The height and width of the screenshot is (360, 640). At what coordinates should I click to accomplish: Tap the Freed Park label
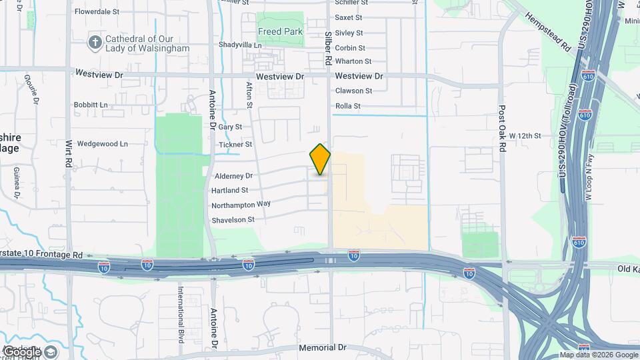pyautogui.click(x=280, y=31)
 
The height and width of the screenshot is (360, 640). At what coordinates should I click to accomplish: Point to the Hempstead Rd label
pyautogui.click(x=549, y=31)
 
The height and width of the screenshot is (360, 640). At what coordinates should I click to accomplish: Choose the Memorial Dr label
pyautogui.click(x=323, y=347)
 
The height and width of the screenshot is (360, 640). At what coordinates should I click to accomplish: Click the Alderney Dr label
pyautogui.click(x=234, y=176)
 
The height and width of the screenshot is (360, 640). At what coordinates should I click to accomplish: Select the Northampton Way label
pyautogui.click(x=241, y=205)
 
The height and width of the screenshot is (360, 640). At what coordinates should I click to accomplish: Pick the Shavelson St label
pyautogui.click(x=233, y=219)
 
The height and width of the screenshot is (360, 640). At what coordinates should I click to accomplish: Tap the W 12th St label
pyautogui.click(x=525, y=135)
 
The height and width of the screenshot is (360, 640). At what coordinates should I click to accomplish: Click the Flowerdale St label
pyautogui.click(x=97, y=11)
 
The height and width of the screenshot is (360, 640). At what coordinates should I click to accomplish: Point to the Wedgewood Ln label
pyautogui.click(x=102, y=143)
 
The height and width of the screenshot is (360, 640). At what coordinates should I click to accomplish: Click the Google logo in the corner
pyautogui.click(x=31, y=351)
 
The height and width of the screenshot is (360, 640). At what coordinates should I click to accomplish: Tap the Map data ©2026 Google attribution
pyautogui.click(x=598, y=355)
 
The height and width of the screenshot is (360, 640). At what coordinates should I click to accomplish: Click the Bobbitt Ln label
pyautogui.click(x=91, y=105)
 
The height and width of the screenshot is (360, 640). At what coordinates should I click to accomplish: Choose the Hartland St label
pyautogui.click(x=231, y=190)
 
